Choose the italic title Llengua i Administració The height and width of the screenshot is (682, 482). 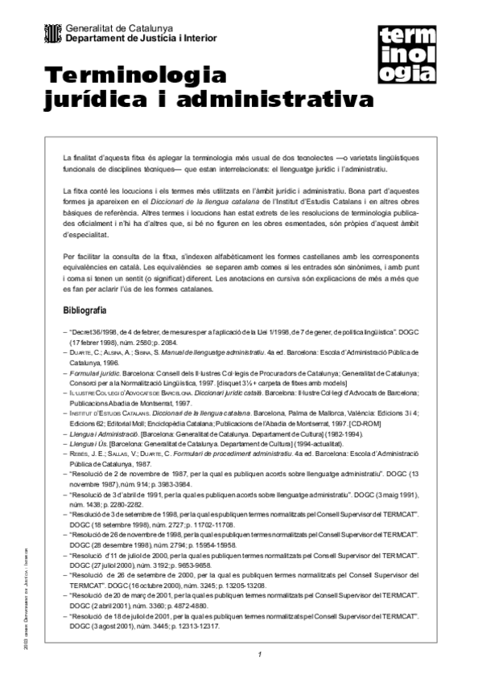[105, 434]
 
